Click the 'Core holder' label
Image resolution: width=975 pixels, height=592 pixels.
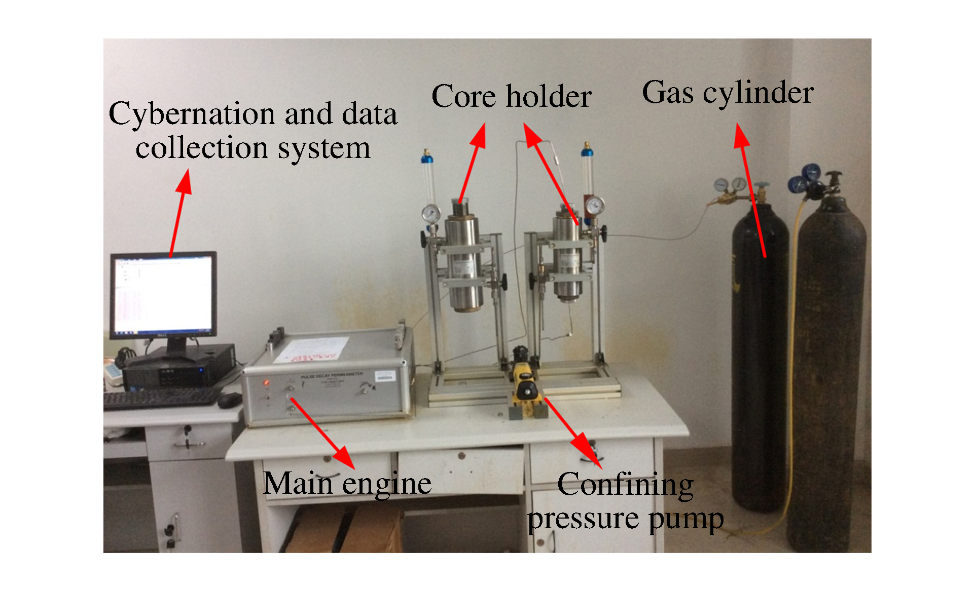click(511, 96)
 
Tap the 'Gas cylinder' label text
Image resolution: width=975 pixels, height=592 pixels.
click(728, 93)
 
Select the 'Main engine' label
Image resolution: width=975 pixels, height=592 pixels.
click(347, 483)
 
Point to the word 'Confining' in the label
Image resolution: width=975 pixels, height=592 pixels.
click(625, 485)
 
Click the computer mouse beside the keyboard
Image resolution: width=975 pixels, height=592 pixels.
click(230, 400)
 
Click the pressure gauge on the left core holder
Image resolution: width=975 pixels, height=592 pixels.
click(431, 214)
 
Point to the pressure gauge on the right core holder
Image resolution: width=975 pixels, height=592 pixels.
click(594, 206)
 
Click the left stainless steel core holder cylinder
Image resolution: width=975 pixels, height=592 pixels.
click(463, 263)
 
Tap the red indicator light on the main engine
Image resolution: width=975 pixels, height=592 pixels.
click(265, 383)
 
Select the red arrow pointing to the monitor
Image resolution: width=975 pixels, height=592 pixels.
click(180, 213)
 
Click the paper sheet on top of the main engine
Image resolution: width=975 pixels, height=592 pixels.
click(310, 350)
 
